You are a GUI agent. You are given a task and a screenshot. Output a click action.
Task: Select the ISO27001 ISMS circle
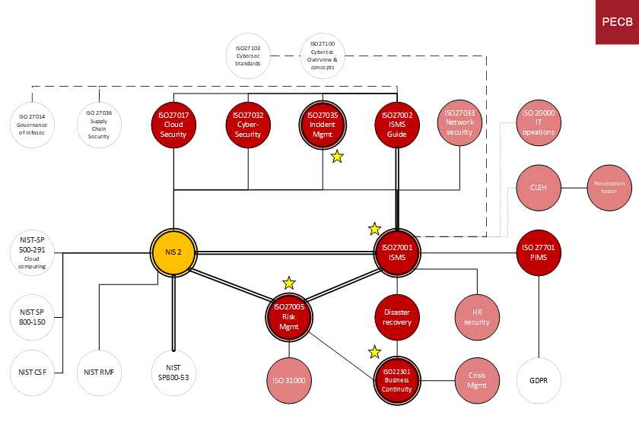click(397, 252)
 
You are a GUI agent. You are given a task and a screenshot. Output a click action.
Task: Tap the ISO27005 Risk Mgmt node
click(289, 318)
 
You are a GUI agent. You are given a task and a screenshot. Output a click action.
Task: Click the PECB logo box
click(617, 22)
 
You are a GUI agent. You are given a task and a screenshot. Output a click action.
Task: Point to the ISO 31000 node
click(289, 379)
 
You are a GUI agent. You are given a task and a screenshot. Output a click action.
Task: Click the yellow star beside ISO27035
click(337, 157)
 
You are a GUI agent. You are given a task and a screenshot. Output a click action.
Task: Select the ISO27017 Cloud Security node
click(173, 125)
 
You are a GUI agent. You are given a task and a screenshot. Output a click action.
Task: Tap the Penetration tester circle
click(609, 188)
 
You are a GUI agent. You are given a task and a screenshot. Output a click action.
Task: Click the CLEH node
click(539, 188)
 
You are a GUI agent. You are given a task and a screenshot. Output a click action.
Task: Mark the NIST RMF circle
click(100, 373)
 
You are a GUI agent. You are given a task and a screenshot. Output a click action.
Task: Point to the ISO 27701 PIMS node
click(539, 252)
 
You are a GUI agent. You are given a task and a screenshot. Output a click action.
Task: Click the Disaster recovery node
click(397, 317)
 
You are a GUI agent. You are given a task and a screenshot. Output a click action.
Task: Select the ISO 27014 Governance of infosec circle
click(33, 125)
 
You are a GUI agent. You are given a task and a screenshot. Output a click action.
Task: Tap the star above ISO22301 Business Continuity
click(374, 352)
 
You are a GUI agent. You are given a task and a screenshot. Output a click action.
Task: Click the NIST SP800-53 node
click(173, 373)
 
